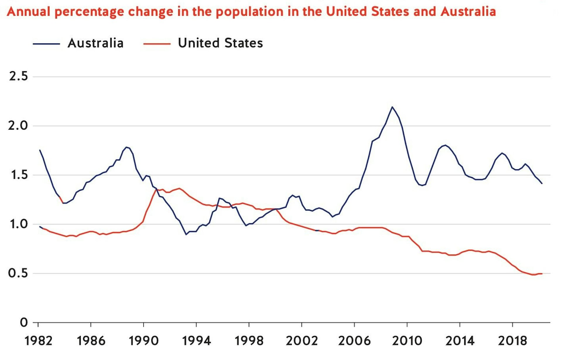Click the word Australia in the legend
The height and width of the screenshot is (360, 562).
[95, 43]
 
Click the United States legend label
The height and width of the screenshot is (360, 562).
[220, 43]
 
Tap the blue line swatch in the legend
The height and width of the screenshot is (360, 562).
[46, 44]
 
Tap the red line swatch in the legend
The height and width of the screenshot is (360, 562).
[157, 44]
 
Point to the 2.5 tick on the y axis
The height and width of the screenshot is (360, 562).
[18, 76]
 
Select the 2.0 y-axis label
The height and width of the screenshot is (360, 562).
[18, 126]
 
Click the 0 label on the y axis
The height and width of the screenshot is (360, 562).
[24, 323]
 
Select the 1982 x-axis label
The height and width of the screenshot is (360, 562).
[38, 341]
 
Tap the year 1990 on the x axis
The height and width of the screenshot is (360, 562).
[144, 341]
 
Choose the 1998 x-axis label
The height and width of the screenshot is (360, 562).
[249, 341]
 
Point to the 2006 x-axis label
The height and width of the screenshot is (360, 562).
[354, 341]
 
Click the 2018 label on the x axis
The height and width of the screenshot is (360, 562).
[513, 341]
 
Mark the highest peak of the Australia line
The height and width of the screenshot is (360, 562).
[392, 107]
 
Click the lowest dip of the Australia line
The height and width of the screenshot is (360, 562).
[186, 234]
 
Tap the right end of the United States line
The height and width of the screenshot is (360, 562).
[542, 274]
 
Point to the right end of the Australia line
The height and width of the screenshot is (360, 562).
[542, 183]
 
